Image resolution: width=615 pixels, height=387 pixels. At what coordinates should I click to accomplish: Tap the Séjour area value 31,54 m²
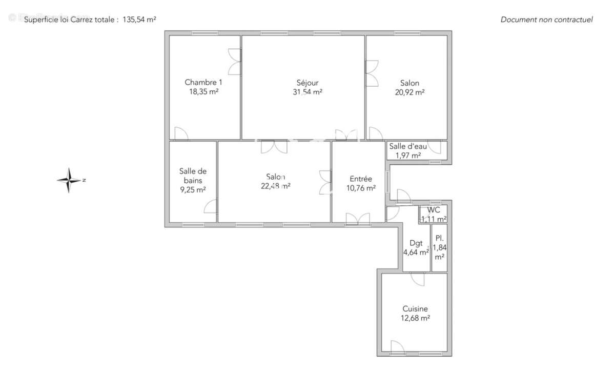307,92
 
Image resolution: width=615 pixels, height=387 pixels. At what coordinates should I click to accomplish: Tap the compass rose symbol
69,180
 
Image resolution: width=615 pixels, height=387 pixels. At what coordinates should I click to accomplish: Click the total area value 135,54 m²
139,20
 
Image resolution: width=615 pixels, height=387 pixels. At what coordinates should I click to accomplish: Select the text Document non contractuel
547,20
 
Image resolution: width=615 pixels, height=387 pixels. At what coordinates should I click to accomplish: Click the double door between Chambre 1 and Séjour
235,62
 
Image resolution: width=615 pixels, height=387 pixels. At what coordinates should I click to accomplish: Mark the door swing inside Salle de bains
210,206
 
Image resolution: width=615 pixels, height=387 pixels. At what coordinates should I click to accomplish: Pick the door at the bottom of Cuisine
398,347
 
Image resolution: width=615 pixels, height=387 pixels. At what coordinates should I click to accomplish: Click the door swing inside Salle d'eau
435,147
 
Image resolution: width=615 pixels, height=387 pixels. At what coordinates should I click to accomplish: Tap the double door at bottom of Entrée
358,219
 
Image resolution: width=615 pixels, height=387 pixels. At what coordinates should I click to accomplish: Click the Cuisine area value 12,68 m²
415,318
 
